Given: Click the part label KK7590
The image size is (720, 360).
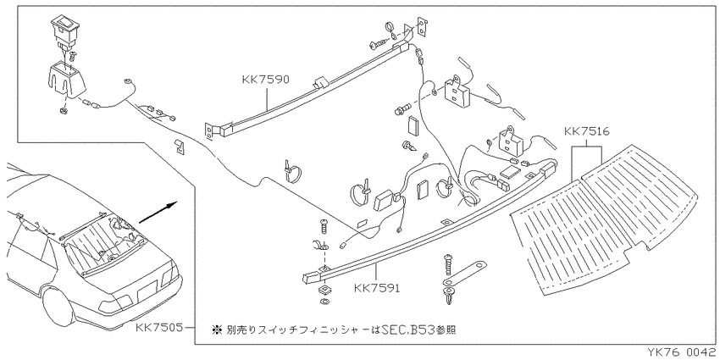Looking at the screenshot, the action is [x=266, y=80].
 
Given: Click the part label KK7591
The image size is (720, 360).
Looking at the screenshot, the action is [x=377, y=288].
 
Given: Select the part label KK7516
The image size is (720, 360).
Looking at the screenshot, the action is [x=586, y=132].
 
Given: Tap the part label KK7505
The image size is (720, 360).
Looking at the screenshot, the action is [x=159, y=328].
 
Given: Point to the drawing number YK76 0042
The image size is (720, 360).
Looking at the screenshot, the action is [x=681, y=352].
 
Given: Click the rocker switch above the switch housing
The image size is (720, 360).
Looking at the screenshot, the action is [x=64, y=30].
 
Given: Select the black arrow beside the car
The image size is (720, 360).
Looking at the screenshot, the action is [x=158, y=212].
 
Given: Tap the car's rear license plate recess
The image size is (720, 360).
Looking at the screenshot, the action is [x=147, y=291].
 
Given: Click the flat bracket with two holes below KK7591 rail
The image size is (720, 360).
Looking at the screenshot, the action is [x=464, y=274].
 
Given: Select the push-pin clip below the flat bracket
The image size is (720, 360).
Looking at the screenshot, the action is [x=447, y=296].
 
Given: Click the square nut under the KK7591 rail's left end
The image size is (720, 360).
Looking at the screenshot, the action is [x=324, y=291].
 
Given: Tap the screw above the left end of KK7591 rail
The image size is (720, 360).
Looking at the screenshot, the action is [x=324, y=227].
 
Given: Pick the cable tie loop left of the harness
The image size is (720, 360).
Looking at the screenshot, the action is [x=291, y=172].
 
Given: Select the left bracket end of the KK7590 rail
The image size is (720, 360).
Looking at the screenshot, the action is [x=209, y=130].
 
